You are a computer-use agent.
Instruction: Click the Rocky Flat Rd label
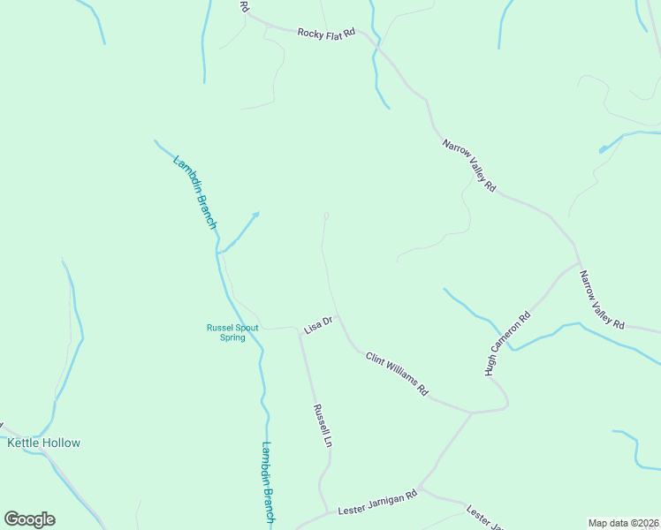pos(325,33)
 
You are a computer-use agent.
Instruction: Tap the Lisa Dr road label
pos(316,324)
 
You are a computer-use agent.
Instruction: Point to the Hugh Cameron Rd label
pos(507,344)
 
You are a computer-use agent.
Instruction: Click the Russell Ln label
pos(322,425)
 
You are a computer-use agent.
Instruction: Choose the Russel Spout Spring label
pos(232,332)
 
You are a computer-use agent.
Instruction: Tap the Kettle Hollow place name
pos(44,443)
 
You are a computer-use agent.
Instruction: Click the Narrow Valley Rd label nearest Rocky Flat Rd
pos(469,164)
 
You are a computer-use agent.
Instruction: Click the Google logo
pos(29,519)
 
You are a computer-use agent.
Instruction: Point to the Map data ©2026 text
pos(623,522)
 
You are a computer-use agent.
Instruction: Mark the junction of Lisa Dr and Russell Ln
pos(300,329)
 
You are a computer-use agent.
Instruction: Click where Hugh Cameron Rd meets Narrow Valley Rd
pos(579,263)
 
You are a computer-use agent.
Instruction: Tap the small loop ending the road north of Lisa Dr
pos(326,216)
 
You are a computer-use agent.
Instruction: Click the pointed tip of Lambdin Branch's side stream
pos(258,212)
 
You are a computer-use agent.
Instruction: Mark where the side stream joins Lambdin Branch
pos(219,253)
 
